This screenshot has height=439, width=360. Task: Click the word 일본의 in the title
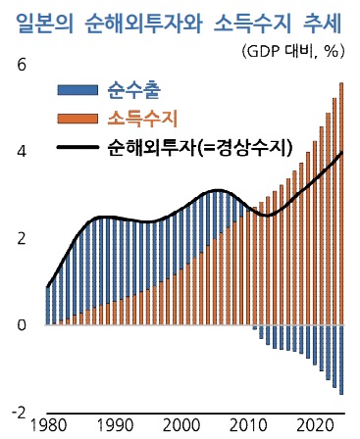[45, 24]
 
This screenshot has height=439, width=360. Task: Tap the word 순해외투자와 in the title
[144, 24]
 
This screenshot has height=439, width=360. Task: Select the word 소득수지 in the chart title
[252, 24]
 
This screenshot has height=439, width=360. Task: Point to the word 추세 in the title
[322, 24]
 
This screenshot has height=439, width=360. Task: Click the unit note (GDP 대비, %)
[293, 51]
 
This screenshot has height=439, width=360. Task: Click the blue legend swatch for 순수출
[77, 90]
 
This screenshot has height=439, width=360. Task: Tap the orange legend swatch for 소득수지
[77, 119]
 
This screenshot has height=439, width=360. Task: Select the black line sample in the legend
[77, 148]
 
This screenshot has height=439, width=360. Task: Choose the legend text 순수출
[134, 90]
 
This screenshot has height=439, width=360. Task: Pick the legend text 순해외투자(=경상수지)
[199, 148]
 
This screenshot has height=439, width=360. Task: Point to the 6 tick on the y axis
[22, 66]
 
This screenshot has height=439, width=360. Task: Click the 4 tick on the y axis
[22, 152]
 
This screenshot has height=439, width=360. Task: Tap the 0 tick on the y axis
[22, 325]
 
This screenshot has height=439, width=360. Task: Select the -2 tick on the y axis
[19, 413]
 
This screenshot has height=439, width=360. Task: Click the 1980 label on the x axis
[48, 426]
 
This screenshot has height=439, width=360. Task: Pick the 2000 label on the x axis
[181, 426]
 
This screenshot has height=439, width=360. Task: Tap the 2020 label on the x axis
[315, 426]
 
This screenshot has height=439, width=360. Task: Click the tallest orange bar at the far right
[341, 204]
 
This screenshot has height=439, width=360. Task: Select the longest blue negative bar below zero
[341, 360]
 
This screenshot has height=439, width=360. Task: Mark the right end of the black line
[342, 152]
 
